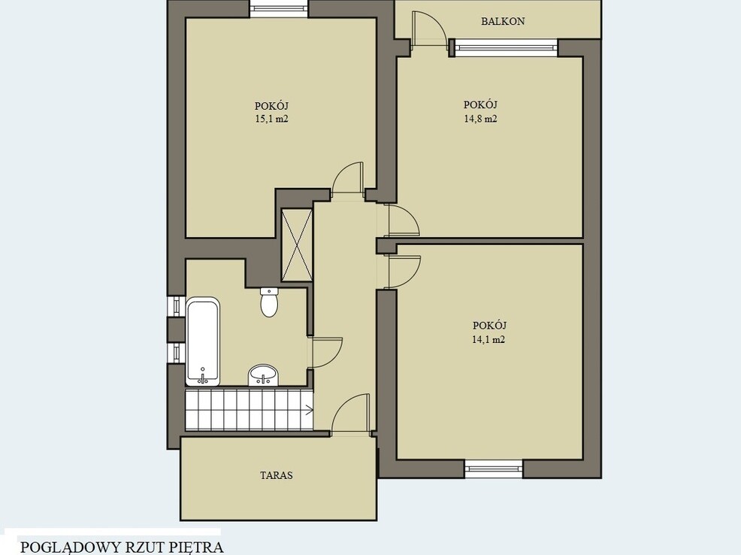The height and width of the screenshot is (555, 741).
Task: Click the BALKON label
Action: click(503, 21)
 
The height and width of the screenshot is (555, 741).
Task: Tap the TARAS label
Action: click(277, 475)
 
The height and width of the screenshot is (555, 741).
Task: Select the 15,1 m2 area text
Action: click(272, 119)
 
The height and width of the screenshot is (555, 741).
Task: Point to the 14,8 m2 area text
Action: click(481, 119)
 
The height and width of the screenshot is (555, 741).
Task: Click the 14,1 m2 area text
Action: click(489, 339)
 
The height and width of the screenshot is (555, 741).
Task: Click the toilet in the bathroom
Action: click(269, 302)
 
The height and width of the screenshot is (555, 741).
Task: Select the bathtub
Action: click(203, 341)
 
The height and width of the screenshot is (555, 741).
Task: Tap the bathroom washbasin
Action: click(263, 375)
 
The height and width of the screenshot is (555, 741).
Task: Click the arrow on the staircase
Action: click(308, 411)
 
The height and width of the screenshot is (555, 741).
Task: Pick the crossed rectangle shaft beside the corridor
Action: click(296, 245)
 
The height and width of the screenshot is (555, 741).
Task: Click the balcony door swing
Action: click(428, 29)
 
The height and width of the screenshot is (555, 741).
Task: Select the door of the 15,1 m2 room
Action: click(348, 178)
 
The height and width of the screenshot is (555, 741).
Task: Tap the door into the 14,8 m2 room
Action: click(403, 220)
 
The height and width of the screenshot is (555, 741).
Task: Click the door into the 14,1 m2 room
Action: click(404, 271)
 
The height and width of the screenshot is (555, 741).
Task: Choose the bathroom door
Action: click(325, 352)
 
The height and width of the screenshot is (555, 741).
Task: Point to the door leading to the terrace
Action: click(350, 413)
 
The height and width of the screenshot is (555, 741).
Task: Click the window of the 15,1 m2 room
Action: click(279, 9)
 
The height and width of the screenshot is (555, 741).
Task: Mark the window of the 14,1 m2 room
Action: click(493, 469)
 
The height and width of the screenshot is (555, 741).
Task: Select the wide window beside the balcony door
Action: click(506, 47)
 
